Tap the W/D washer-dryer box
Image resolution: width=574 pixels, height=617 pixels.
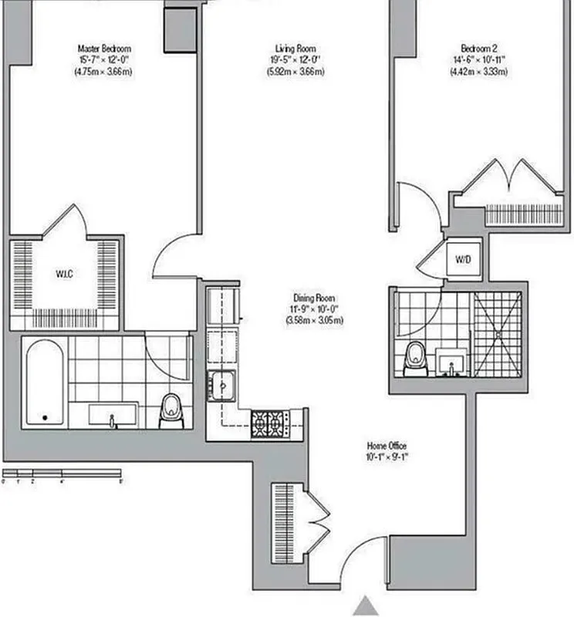click(x=464, y=260)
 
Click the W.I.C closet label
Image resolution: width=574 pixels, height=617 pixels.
click(x=64, y=274)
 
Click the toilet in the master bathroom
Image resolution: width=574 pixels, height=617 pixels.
click(x=171, y=410)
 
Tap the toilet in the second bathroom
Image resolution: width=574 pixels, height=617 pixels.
click(x=416, y=359)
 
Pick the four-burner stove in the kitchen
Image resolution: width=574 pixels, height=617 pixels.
click(x=270, y=423)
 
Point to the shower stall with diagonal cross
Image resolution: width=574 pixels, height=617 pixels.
click(x=498, y=333)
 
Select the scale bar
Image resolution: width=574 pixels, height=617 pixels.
click(x=62, y=474)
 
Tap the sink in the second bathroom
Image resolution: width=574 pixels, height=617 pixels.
click(x=450, y=362)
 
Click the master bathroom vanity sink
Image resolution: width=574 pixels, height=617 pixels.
click(x=113, y=415)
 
